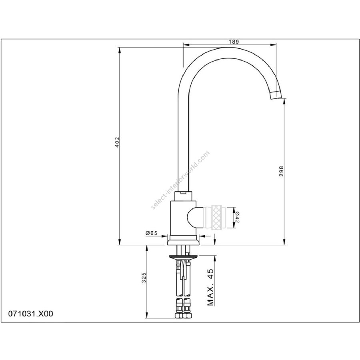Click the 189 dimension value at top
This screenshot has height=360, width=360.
234,42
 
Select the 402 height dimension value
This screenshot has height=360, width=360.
117,142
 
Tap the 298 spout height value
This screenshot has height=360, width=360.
282,171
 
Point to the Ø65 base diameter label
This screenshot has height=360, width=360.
151,233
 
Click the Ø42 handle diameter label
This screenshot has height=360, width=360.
237,217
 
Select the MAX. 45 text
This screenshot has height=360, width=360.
210,286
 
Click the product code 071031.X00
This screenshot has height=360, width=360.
30,314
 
